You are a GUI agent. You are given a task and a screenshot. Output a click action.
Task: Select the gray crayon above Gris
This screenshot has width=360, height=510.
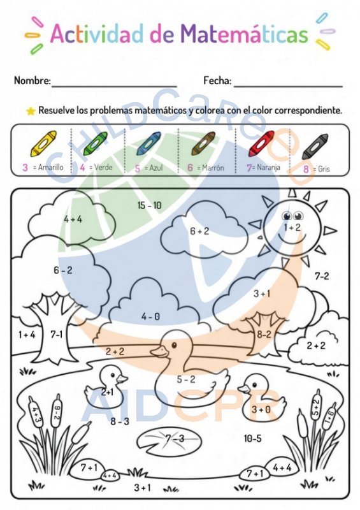[x=315, y=147]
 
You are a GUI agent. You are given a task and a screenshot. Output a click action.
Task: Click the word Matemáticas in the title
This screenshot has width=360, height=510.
[x=244, y=34]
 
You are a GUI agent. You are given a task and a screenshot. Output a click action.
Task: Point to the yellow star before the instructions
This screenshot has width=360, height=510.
[x=31, y=111]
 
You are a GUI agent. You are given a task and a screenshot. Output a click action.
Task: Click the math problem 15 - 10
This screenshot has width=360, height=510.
[x=149, y=205]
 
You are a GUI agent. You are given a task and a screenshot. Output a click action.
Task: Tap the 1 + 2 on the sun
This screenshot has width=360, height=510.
[x=292, y=228]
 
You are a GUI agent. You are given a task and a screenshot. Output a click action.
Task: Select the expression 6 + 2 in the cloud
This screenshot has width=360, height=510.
[x=199, y=231]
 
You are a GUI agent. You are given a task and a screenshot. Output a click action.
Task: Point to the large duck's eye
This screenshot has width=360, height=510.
[x=175, y=344]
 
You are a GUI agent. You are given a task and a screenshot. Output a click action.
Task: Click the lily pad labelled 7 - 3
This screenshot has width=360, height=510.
[x=169, y=441]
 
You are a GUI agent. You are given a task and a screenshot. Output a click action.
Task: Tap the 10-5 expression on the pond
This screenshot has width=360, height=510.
[x=253, y=439]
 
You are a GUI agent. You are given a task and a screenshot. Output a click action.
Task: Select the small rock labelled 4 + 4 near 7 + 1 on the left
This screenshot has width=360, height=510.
[x=110, y=475]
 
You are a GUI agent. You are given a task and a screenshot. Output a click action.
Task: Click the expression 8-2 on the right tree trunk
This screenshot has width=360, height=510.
[x=264, y=334]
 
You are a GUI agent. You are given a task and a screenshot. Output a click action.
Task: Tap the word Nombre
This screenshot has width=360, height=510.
[x=32, y=80]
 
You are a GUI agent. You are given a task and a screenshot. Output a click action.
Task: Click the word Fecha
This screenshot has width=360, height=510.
[x=217, y=80]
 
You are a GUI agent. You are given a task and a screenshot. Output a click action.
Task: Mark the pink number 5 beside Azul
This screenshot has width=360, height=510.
[x=138, y=168]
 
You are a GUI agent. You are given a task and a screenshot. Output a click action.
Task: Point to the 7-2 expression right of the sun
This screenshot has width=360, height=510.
[x=322, y=276]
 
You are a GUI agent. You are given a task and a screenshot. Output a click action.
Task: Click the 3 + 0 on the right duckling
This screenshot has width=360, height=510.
[x=261, y=409]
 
